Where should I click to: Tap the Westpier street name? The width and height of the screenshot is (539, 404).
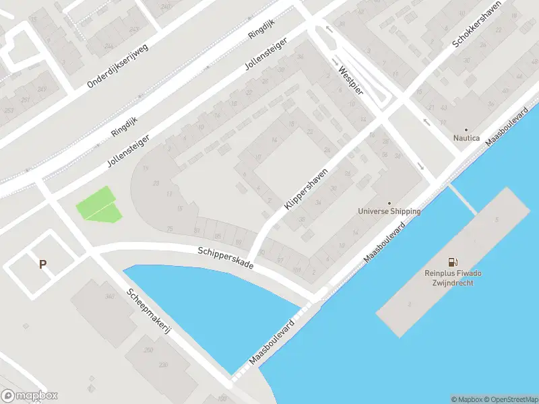click(x=350, y=79)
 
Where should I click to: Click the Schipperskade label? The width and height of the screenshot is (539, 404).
click(x=225, y=258)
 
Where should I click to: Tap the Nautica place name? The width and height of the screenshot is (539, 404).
click(x=466, y=138)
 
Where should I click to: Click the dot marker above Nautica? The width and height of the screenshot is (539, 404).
click(x=466, y=129)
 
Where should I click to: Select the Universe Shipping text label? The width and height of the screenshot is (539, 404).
click(x=389, y=211)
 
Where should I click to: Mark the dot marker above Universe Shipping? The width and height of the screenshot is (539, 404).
click(x=389, y=203)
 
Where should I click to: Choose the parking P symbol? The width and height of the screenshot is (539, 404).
click(x=42, y=265)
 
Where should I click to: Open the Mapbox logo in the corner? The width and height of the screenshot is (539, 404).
click(x=29, y=396)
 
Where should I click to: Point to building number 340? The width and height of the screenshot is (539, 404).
click(x=109, y=296)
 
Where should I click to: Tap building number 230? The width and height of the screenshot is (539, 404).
click(x=163, y=364)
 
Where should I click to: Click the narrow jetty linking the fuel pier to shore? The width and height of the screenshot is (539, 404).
click(x=463, y=199)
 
